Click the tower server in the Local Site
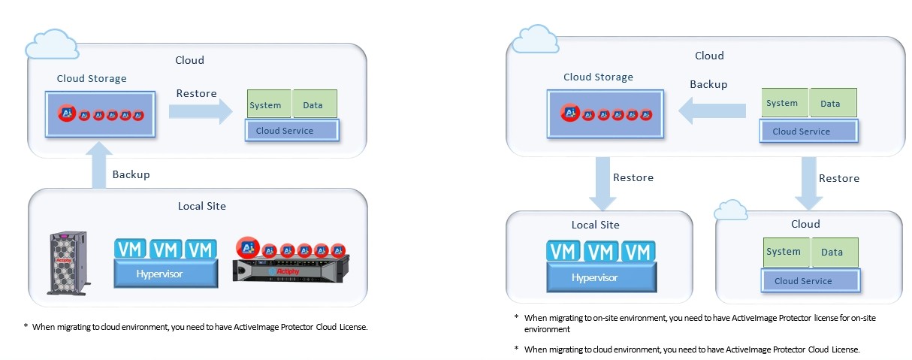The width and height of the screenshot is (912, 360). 68,262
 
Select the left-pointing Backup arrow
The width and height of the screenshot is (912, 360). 713,112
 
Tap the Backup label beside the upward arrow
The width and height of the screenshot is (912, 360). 131,174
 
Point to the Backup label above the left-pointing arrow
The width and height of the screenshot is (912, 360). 708,84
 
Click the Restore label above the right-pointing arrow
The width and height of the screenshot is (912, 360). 196,94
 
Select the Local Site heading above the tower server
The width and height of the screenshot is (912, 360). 201,206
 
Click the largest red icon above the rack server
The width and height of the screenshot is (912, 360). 246,247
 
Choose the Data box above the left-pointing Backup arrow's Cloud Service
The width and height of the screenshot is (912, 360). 830,103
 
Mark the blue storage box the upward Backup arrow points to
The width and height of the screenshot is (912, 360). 100,115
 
